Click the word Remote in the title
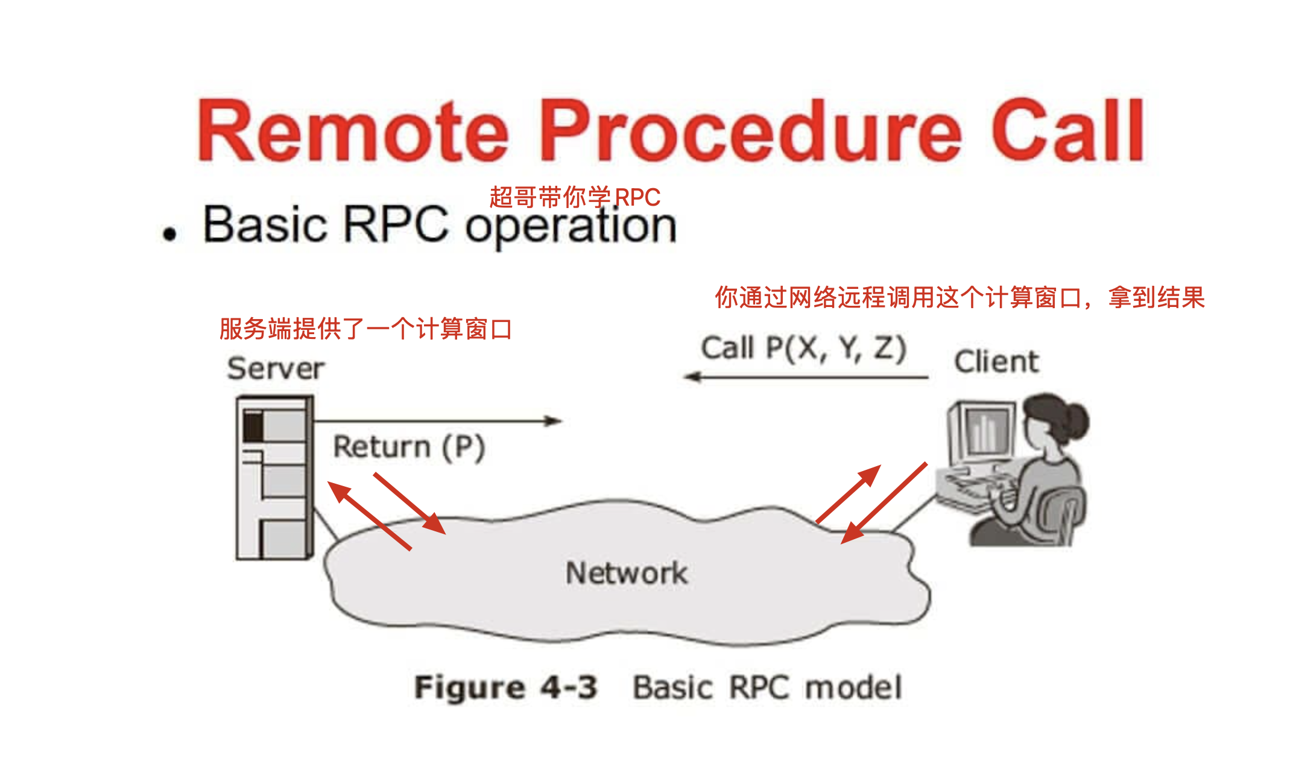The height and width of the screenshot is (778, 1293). pyautogui.click(x=353, y=131)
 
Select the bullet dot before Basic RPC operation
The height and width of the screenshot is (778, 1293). pyautogui.click(x=169, y=234)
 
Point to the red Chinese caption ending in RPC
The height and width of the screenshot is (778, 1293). pyautogui.click(x=574, y=197)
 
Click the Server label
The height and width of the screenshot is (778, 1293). pyautogui.click(x=276, y=368)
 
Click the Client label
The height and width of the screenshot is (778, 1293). pyautogui.click(x=996, y=362)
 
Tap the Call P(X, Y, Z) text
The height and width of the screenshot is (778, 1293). pyautogui.click(x=803, y=348)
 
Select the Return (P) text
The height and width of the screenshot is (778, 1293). pyautogui.click(x=409, y=448)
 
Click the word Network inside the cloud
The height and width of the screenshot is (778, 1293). pyautogui.click(x=626, y=573)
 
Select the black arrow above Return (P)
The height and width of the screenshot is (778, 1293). pyautogui.click(x=437, y=421)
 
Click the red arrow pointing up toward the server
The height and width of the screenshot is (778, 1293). pyautogui.click(x=369, y=516)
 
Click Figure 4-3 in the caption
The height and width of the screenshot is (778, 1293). pyautogui.click(x=505, y=688)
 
